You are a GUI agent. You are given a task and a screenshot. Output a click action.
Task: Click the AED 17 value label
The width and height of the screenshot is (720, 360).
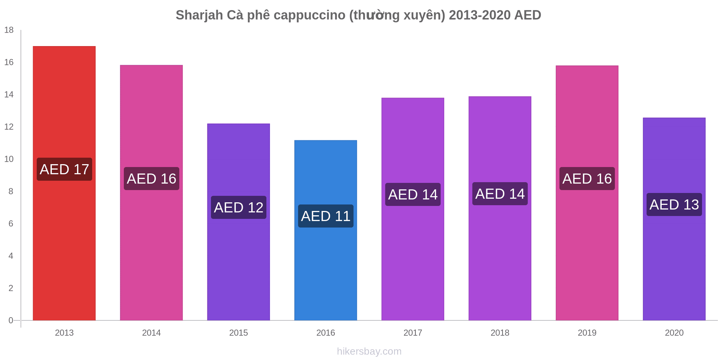coord(64,169)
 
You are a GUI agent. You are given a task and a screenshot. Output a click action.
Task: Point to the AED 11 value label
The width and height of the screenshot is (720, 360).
coord(326,216)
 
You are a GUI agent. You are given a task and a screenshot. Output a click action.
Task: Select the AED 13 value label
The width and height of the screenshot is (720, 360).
coord(674,204)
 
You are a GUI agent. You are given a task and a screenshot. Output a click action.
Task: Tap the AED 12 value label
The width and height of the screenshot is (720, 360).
coord(239,207)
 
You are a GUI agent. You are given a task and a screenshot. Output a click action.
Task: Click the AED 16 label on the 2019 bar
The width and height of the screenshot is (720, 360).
coord(587,179)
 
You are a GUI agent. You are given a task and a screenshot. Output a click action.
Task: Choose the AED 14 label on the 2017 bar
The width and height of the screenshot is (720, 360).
coord(413,194)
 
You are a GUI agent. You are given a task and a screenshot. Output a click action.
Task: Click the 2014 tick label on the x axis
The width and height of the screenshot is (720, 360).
coord(151,333)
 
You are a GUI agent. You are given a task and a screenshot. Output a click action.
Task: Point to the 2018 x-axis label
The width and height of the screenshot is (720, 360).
coord(500,333)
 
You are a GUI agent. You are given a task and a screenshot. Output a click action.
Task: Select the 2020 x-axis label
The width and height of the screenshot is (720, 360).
coord(674,333)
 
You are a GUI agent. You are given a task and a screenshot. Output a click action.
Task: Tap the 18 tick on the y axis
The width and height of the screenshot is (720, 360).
coord(9,30)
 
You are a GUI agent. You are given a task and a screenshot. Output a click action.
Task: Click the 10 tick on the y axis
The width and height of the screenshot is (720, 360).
coord(9,159)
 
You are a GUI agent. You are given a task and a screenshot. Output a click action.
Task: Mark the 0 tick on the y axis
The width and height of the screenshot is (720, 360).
coord(11,320)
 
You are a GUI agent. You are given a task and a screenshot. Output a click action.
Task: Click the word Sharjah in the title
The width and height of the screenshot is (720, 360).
coord(199,15)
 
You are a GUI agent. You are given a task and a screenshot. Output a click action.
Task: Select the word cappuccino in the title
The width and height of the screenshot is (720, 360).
coord(309,15)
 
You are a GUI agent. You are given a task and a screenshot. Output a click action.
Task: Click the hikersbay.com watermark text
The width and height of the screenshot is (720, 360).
coord(369,351)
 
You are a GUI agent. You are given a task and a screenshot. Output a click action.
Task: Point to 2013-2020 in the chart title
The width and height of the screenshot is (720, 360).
coord(480,15)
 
